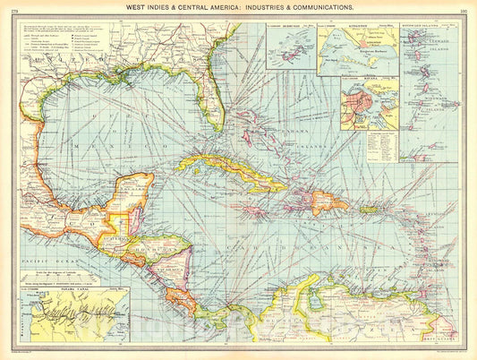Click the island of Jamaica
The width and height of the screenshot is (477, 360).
254,212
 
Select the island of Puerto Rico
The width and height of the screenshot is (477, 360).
369,210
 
